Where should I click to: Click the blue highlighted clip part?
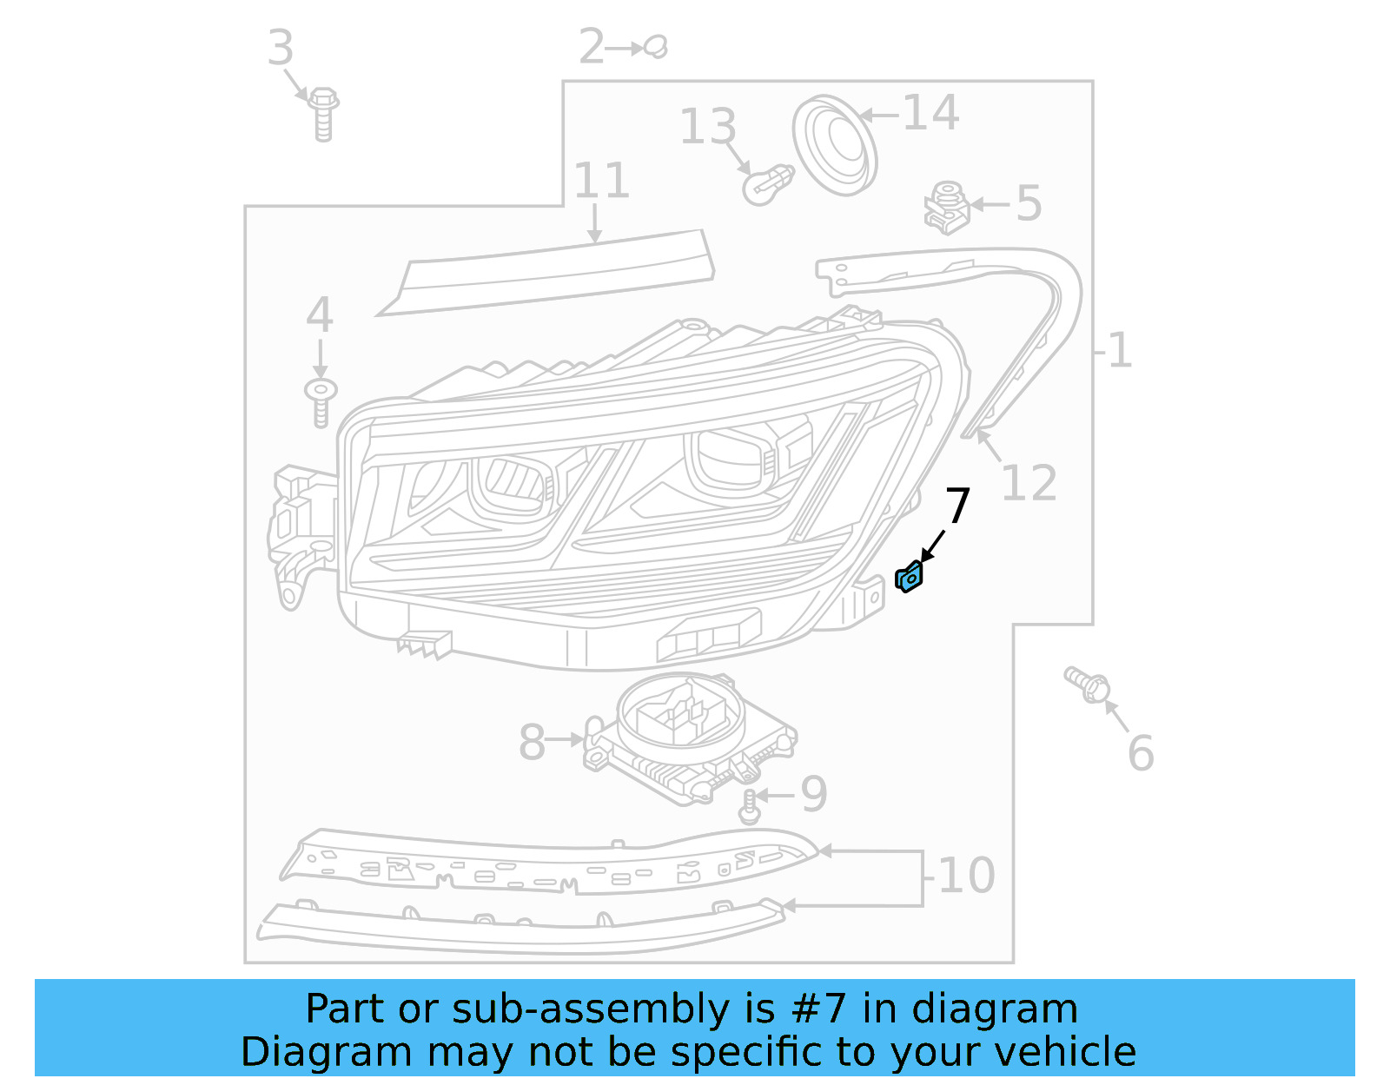tap(909, 577)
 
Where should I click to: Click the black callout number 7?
tap(956, 506)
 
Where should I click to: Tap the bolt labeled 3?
tap(323, 114)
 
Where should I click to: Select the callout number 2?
tap(592, 47)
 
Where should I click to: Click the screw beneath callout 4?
tap(321, 401)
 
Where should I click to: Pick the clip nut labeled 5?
tap(947, 208)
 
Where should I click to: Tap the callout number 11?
tap(601, 182)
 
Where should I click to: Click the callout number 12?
tap(1029, 483)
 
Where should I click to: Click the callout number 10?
tap(967, 876)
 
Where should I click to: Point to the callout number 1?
tap(1120, 351)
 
